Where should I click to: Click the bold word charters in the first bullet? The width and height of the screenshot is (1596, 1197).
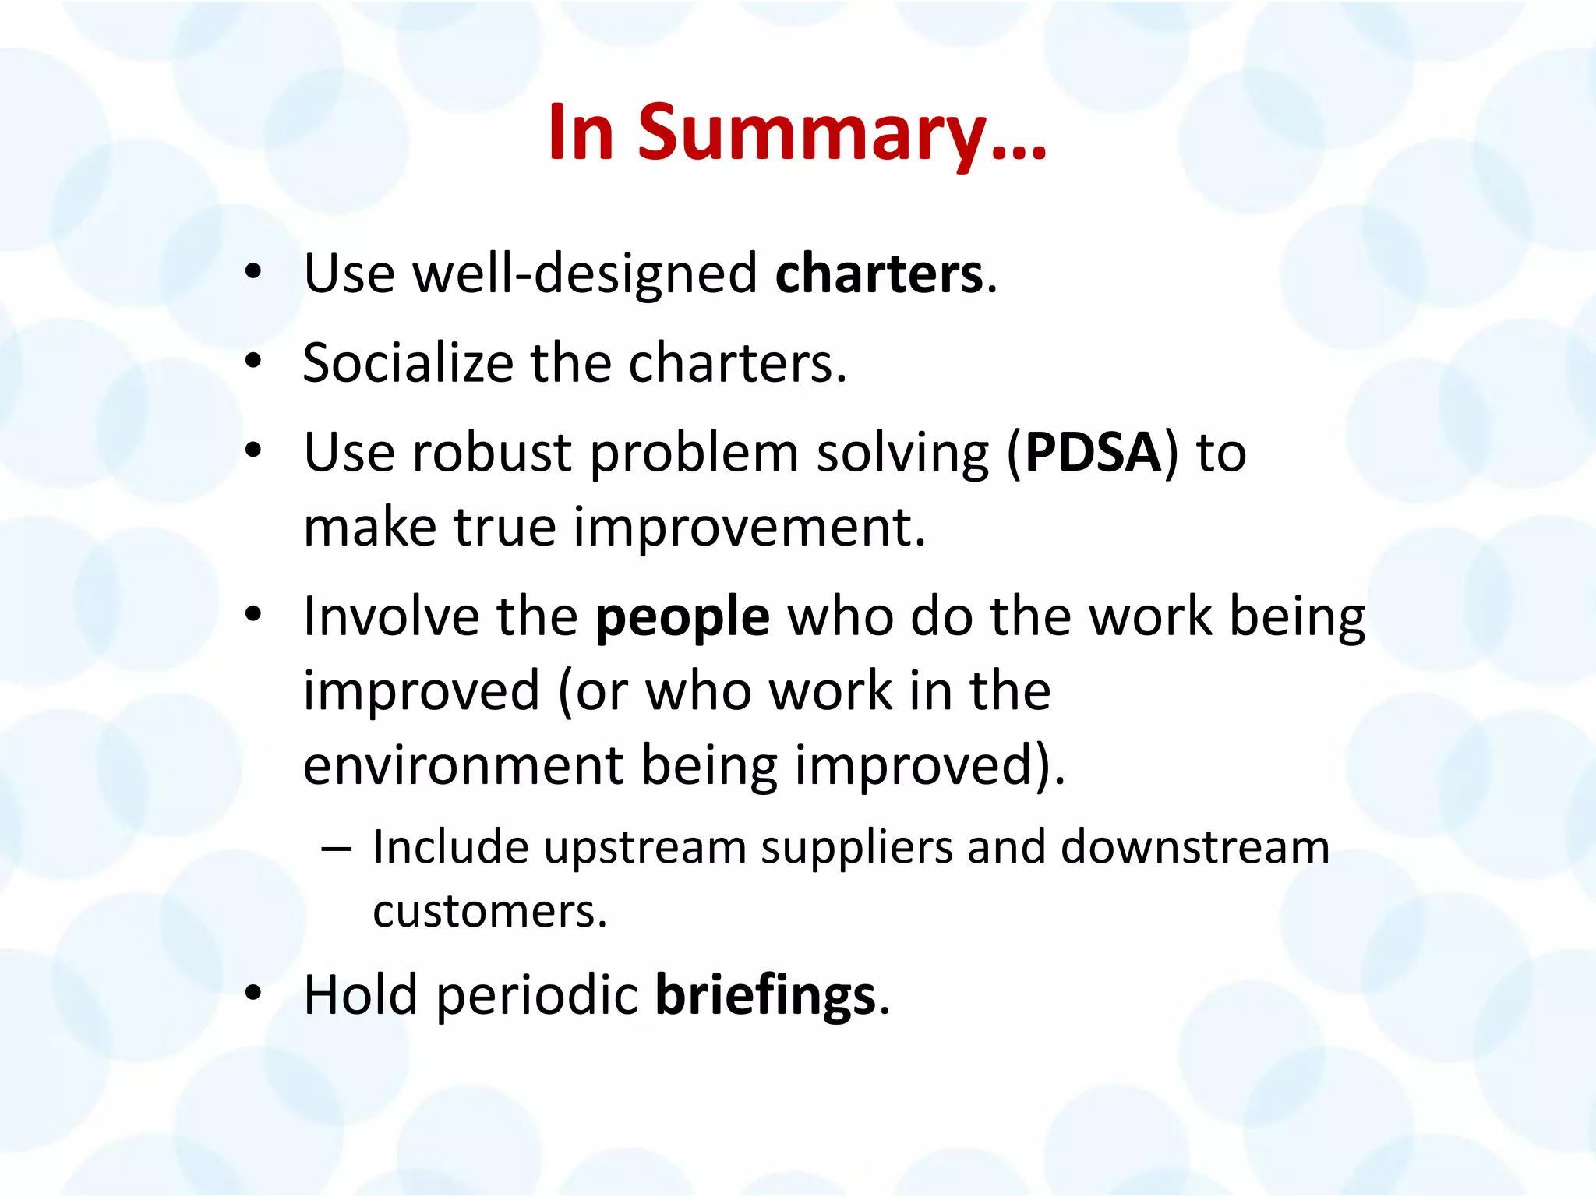879,274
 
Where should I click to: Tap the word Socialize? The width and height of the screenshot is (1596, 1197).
408,363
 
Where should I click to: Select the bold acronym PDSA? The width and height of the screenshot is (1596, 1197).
1093,452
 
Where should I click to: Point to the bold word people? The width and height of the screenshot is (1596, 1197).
683,617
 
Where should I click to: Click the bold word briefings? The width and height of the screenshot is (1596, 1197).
765,996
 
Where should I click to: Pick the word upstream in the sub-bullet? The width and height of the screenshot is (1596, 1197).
644,847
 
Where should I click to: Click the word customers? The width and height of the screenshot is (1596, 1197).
489,912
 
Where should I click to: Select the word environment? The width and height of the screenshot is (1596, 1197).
462,765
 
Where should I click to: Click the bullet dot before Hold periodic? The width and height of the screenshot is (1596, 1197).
252,994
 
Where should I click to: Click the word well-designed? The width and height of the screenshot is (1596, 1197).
584,274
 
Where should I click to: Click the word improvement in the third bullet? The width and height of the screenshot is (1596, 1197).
750,528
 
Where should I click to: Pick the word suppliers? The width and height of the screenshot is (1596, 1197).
856,849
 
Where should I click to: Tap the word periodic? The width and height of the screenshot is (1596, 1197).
537,996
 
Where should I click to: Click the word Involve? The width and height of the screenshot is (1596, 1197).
390,617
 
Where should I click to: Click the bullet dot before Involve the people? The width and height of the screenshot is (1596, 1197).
252,615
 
